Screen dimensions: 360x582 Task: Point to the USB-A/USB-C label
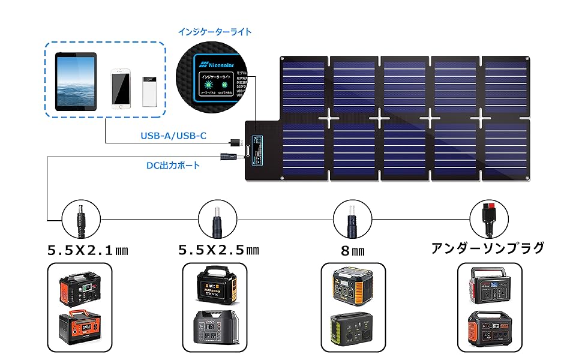pyautogui.click(x=173, y=136)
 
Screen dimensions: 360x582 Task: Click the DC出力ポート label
pyautogui.click(x=173, y=165)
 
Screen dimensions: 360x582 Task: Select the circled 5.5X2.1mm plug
pyautogui.click(x=79, y=220)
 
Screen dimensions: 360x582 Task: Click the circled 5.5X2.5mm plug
pyautogui.click(x=215, y=220)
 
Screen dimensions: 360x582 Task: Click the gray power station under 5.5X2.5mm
pyautogui.click(x=217, y=329)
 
